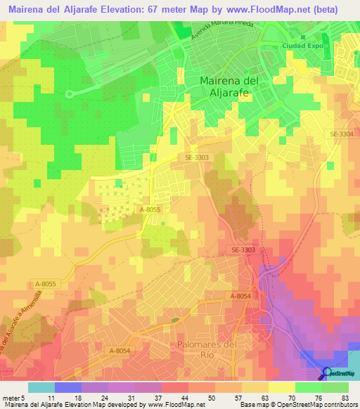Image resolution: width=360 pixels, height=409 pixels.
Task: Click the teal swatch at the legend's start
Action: coord(41,387)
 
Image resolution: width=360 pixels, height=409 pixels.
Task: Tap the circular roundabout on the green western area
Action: coord(69,93)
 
